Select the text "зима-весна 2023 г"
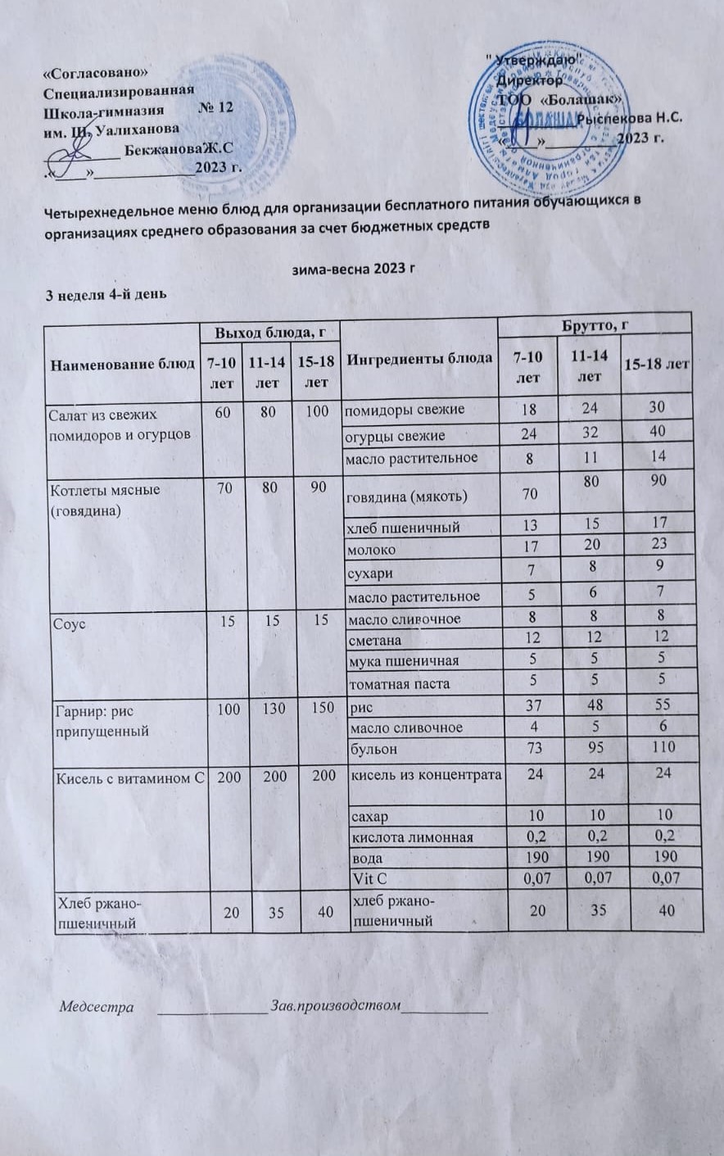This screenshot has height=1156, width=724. (361, 269)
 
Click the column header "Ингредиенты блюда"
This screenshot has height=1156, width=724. (417, 358)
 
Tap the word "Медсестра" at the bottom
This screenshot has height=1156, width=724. (96, 1007)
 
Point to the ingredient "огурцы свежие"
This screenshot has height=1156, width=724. (395, 435)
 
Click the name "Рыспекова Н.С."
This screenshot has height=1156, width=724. (629, 117)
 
